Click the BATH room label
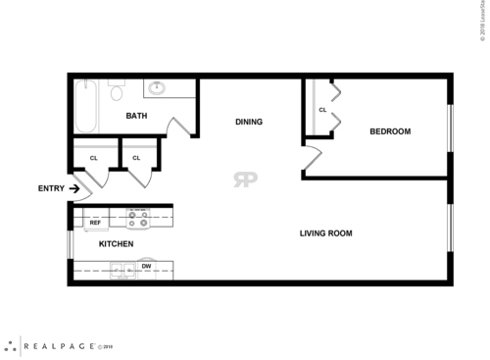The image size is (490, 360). [x=137, y=117]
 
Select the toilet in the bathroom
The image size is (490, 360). [x=116, y=94]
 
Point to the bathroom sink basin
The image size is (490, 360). [x=156, y=87]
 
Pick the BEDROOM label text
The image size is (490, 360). [x=389, y=131]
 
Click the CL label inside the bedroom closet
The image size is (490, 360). [x=321, y=109]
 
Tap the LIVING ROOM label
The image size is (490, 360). [x=325, y=233]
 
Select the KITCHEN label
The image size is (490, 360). [x=116, y=243]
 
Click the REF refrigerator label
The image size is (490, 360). [x=95, y=223]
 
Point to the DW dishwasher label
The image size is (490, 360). [x=146, y=265]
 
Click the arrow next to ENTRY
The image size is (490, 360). [x=74, y=188]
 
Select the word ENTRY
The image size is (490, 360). [x=51, y=188]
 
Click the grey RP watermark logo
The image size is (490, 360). [x=244, y=179]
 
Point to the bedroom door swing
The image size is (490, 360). [x=311, y=158]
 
